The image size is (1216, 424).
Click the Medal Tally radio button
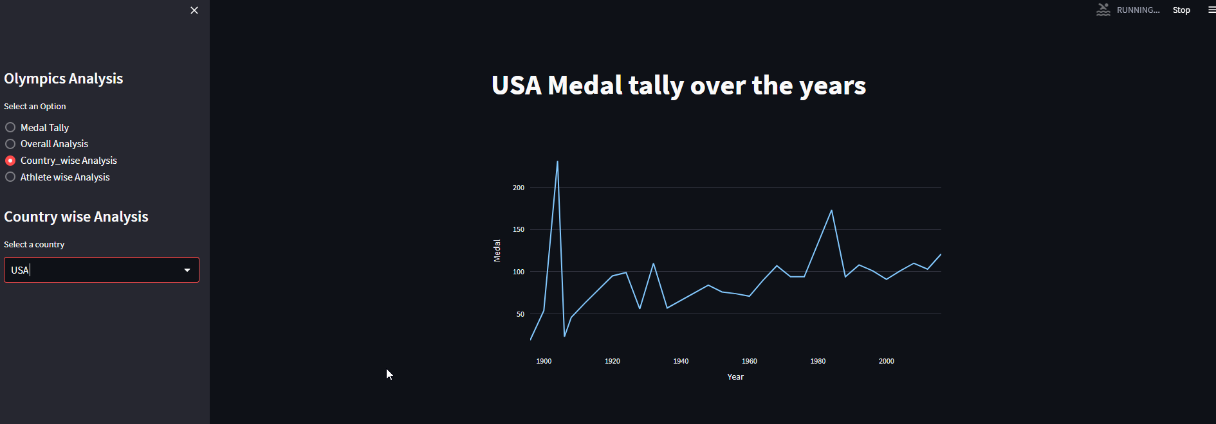pos(10,127)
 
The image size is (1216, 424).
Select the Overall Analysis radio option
pos(10,144)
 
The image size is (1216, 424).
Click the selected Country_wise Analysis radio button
pos(10,161)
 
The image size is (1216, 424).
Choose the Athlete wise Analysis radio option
pos(10,177)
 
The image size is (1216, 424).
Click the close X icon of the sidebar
pos(194,10)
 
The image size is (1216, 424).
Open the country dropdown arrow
pos(187,270)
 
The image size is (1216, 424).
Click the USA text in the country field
pos(20,270)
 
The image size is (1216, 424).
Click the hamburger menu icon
pos(1211,10)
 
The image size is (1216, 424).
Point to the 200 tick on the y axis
pos(519,188)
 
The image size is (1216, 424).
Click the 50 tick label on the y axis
pos(520,314)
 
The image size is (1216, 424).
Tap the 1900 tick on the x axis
pos(544,361)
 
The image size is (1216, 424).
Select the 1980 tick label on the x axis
pos(818,361)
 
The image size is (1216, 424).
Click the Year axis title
pos(735,377)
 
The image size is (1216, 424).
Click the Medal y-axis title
pos(497,251)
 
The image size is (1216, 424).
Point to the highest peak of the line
pos(557,162)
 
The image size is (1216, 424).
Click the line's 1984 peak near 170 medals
pos(831,211)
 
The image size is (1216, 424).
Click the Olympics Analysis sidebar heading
pos(64,78)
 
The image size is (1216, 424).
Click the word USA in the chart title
pos(517,85)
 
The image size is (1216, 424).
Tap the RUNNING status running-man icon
pos(1103,10)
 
